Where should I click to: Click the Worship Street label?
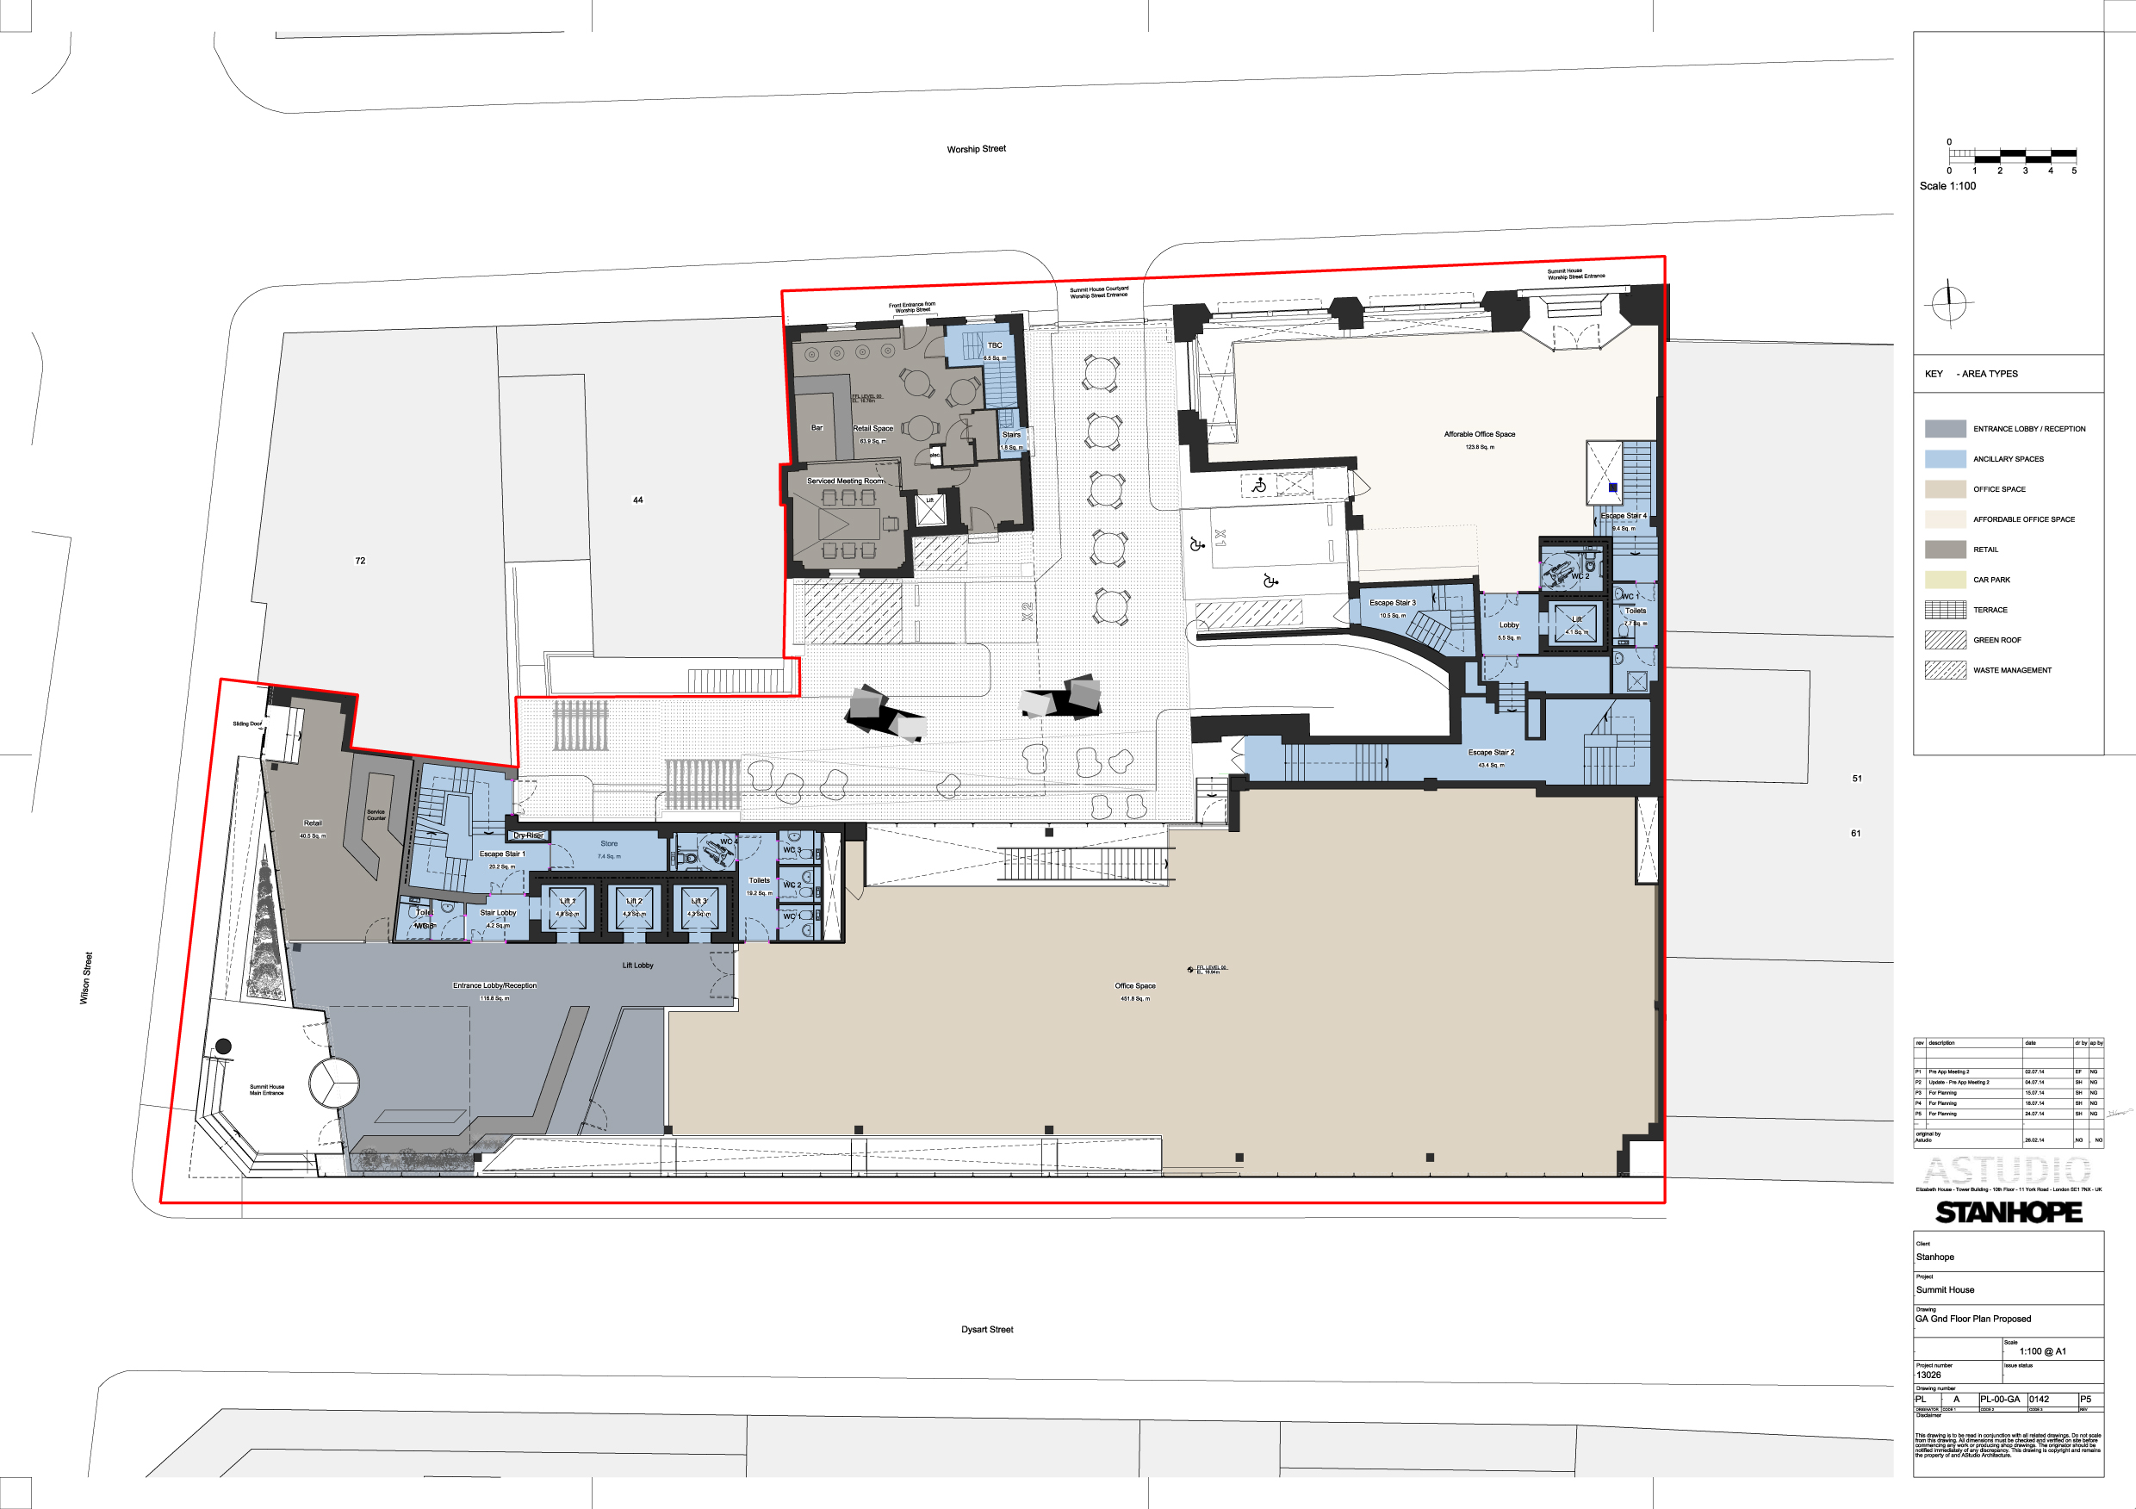click(976, 149)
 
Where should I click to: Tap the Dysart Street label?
click(987, 1330)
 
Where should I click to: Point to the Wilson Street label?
click(85, 978)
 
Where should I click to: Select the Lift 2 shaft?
click(635, 908)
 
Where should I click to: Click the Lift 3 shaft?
click(699, 908)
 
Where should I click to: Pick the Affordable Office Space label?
click(1479, 434)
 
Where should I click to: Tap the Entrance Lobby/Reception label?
click(495, 985)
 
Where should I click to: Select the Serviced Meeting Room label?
click(845, 481)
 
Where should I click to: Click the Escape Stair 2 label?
click(1490, 753)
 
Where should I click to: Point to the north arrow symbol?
click(1948, 302)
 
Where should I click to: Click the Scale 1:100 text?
click(1947, 186)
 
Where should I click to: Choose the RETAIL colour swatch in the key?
click(1944, 550)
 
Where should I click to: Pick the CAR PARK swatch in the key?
click(1944, 580)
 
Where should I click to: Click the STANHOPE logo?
click(2009, 1212)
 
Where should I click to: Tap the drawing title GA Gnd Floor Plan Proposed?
click(1972, 1319)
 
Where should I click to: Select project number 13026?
click(1928, 1375)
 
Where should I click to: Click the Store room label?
click(608, 844)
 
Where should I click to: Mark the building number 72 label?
click(360, 561)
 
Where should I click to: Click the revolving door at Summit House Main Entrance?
click(333, 1083)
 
